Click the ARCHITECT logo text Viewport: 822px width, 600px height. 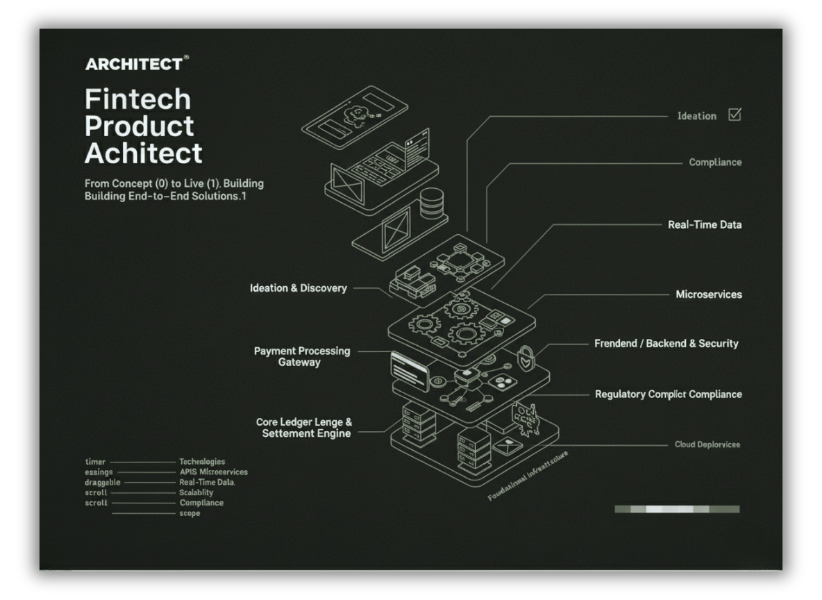tap(135, 65)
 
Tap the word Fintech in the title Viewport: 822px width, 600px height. tap(137, 99)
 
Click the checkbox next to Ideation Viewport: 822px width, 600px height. tap(735, 115)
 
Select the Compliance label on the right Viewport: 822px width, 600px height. tap(715, 162)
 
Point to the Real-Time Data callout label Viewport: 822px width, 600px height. tap(705, 225)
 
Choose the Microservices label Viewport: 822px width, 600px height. tap(709, 294)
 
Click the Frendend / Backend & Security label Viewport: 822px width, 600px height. tap(666, 344)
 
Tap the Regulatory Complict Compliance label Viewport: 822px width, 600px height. tap(668, 394)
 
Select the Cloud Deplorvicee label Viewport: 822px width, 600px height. tap(707, 444)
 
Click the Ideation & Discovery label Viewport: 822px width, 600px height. tap(299, 288)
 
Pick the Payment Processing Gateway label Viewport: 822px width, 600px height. tap(302, 356)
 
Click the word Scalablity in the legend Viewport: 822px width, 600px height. tap(196, 492)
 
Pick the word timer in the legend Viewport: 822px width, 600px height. tap(95, 462)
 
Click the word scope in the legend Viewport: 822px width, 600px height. tap(190, 513)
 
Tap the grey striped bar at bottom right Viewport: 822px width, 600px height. tap(677, 509)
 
